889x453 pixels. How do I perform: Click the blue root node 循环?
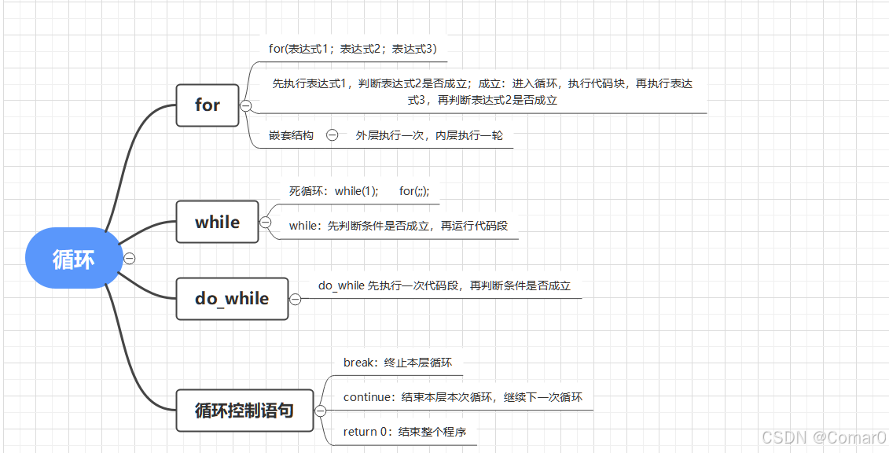point(73,259)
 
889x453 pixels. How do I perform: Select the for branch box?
point(208,105)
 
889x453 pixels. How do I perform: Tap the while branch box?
point(217,223)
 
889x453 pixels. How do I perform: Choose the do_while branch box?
point(232,299)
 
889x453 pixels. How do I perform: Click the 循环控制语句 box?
point(244,411)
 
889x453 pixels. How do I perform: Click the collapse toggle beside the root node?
point(130,258)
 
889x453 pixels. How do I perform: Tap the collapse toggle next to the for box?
point(246,105)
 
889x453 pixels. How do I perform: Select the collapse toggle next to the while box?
point(266,223)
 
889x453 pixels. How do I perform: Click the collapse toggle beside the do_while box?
point(296,299)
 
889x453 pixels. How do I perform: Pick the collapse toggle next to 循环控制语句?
point(321,411)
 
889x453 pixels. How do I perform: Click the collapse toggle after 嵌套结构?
point(332,135)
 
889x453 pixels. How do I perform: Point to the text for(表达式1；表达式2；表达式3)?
point(353,49)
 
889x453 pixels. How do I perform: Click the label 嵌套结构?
point(291,135)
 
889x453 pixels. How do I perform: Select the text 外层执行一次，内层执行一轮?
point(428,135)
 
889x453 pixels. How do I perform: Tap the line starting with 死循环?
point(359,191)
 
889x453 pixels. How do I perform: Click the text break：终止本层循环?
point(398,363)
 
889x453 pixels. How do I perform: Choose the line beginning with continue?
point(463,397)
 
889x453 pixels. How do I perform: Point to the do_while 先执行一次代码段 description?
point(444,285)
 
